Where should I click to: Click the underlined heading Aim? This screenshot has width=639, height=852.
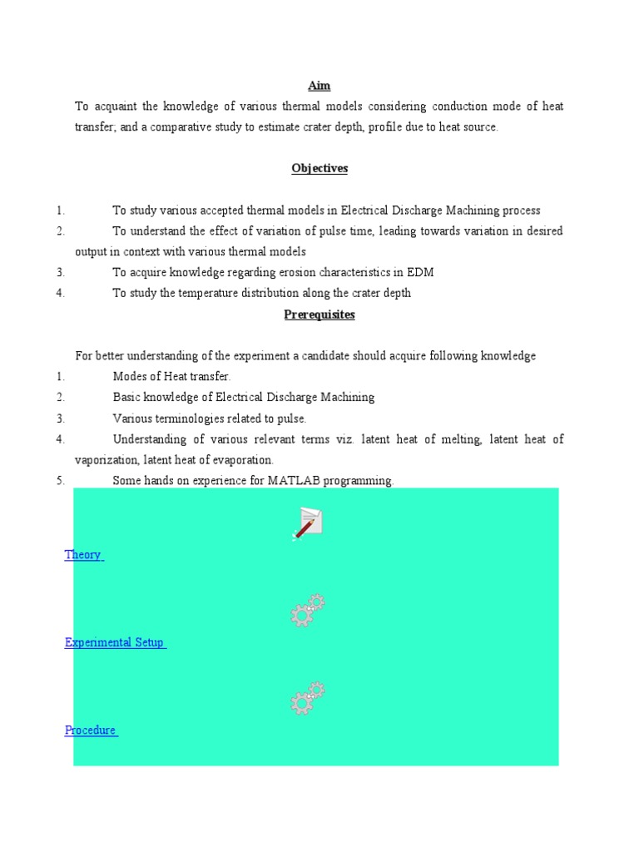tap(319, 86)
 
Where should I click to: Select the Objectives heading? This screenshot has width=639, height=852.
tap(319, 168)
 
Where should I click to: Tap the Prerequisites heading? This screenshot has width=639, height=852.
tap(319, 315)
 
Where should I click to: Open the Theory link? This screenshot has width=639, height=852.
tap(83, 555)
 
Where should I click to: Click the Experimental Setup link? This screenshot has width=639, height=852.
tap(115, 642)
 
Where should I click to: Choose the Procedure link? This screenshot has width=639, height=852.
tap(91, 730)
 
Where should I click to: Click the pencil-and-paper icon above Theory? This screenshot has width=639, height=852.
tap(308, 523)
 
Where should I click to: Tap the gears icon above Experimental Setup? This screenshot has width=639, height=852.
tap(308, 611)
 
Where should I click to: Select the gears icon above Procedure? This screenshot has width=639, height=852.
tap(308, 698)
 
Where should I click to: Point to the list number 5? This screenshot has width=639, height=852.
tap(60, 481)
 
